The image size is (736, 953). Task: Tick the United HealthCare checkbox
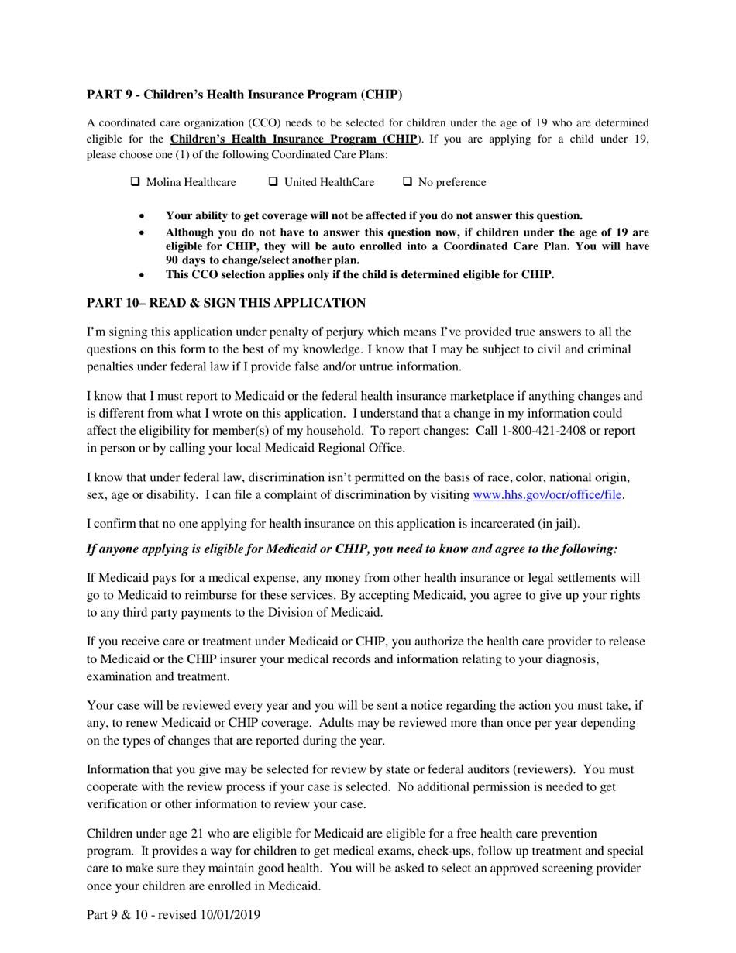point(273,183)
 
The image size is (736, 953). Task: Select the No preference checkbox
point(408,183)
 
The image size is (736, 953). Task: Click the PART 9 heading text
point(244,95)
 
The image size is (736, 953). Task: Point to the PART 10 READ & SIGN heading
point(225,303)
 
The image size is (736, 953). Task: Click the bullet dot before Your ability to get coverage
point(141,216)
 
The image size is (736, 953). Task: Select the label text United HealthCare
point(329,183)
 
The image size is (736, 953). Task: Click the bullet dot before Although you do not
point(141,232)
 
